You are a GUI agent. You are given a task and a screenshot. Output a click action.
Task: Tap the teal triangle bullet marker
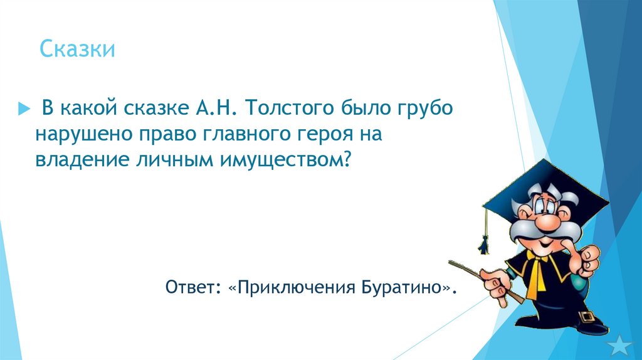[x=24, y=109]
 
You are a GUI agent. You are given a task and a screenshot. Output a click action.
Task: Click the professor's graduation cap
[x=545, y=182]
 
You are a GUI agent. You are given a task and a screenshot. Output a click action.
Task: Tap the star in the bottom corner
[x=621, y=344]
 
